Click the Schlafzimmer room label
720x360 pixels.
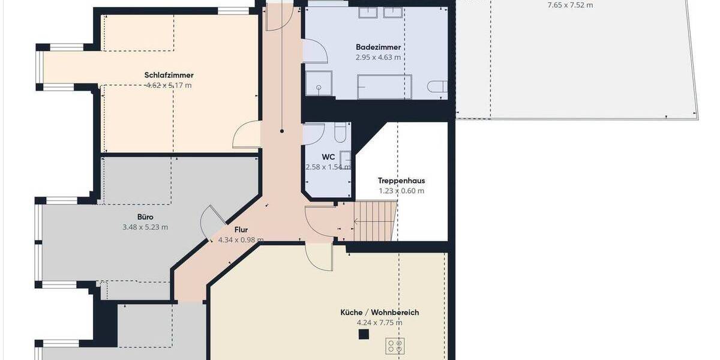tap(169, 75)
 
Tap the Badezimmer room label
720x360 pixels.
tap(378, 47)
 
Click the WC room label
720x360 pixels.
tap(328, 157)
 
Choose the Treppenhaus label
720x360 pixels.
tap(401, 180)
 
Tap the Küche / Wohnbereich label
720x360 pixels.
tap(379, 313)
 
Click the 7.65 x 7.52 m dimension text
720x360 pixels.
tap(570, 5)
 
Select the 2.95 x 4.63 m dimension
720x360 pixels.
tap(378, 57)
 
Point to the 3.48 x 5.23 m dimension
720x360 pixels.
tap(145, 227)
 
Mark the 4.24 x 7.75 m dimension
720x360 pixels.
tap(379, 323)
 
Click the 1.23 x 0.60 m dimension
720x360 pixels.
tap(401, 191)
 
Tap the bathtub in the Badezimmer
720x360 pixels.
tap(384, 87)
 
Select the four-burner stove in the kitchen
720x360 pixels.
tap(395, 346)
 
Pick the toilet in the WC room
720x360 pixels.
tap(340, 132)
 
